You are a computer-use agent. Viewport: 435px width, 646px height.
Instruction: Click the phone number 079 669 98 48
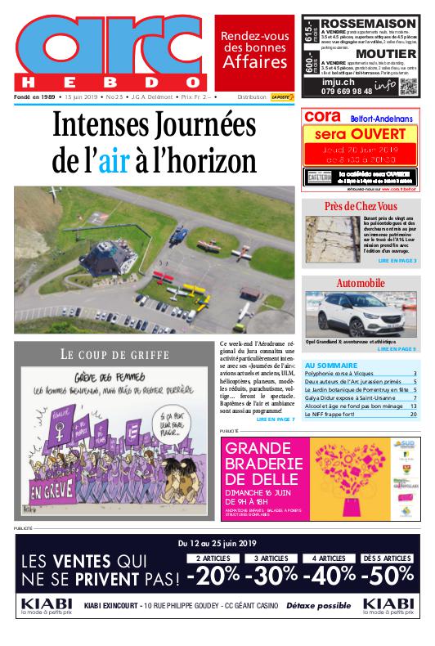point(348,90)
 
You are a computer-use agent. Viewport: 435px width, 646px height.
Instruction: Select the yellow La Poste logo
point(282,97)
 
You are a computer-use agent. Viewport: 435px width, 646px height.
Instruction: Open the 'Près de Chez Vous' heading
point(360,206)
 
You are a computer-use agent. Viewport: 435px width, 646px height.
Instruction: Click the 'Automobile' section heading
point(360,283)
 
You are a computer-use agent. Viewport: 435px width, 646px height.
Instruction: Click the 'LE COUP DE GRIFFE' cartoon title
point(114,354)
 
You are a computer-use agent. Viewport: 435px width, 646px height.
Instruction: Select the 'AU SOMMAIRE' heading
point(330,365)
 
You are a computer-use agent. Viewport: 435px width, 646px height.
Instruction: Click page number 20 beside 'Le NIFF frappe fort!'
point(413,415)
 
